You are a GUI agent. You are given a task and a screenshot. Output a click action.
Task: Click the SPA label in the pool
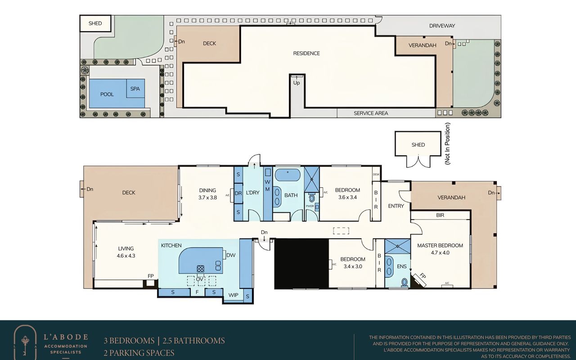click(x=135, y=89)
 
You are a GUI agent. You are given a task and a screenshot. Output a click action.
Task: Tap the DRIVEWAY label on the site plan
click(x=442, y=26)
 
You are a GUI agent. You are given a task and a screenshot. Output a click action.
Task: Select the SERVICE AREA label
click(x=371, y=113)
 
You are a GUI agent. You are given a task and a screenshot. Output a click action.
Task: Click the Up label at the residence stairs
click(x=297, y=83)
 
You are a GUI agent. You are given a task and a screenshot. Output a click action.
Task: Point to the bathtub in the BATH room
click(x=288, y=175)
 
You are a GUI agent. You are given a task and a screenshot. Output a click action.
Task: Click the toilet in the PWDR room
click(x=312, y=198)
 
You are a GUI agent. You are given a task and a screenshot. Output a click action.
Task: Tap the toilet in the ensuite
click(x=405, y=283)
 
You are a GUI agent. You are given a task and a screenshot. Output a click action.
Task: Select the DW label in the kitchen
click(x=231, y=255)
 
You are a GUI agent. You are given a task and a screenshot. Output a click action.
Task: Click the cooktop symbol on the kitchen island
click(x=200, y=269)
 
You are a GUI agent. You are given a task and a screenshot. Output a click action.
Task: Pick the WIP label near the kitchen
click(x=233, y=295)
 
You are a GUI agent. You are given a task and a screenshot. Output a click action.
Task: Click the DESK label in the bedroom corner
click(x=376, y=174)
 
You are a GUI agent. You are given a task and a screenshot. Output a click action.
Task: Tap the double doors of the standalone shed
click(x=418, y=161)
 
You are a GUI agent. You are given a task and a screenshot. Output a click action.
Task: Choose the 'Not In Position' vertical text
click(x=447, y=144)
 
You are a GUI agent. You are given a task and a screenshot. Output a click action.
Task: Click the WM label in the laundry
click(x=267, y=185)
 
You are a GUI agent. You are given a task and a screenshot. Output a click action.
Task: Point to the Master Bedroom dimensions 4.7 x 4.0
click(x=440, y=252)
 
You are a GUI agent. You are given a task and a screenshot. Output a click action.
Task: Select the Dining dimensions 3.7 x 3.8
click(x=207, y=198)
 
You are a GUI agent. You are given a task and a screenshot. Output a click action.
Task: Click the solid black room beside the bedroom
click(x=301, y=264)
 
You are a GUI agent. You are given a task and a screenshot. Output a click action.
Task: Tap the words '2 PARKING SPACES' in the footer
click(x=139, y=352)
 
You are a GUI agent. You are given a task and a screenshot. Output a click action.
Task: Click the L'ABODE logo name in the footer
click(x=66, y=337)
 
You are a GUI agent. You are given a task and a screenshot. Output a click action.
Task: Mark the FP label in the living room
click(x=151, y=276)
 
